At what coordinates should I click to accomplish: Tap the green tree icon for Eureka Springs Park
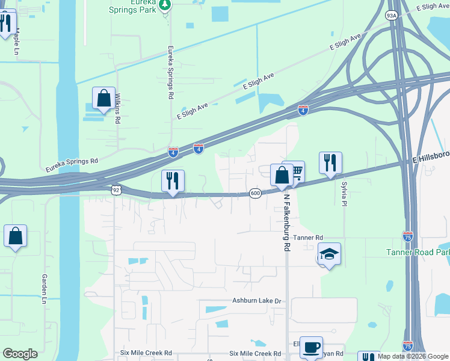(166, 4)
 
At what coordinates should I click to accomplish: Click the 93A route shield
(392, 16)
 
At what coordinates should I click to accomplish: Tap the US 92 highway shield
(116, 190)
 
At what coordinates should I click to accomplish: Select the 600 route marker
(255, 193)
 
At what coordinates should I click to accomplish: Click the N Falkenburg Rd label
(288, 223)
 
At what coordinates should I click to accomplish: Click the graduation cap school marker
(329, 254)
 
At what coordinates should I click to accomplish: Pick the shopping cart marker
(294, 172)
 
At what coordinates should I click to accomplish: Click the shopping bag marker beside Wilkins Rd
(103, 98)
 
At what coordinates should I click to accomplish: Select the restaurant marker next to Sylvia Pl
(330, 162)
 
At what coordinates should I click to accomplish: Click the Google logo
(20, 354)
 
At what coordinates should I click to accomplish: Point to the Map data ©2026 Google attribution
(412, 356)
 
